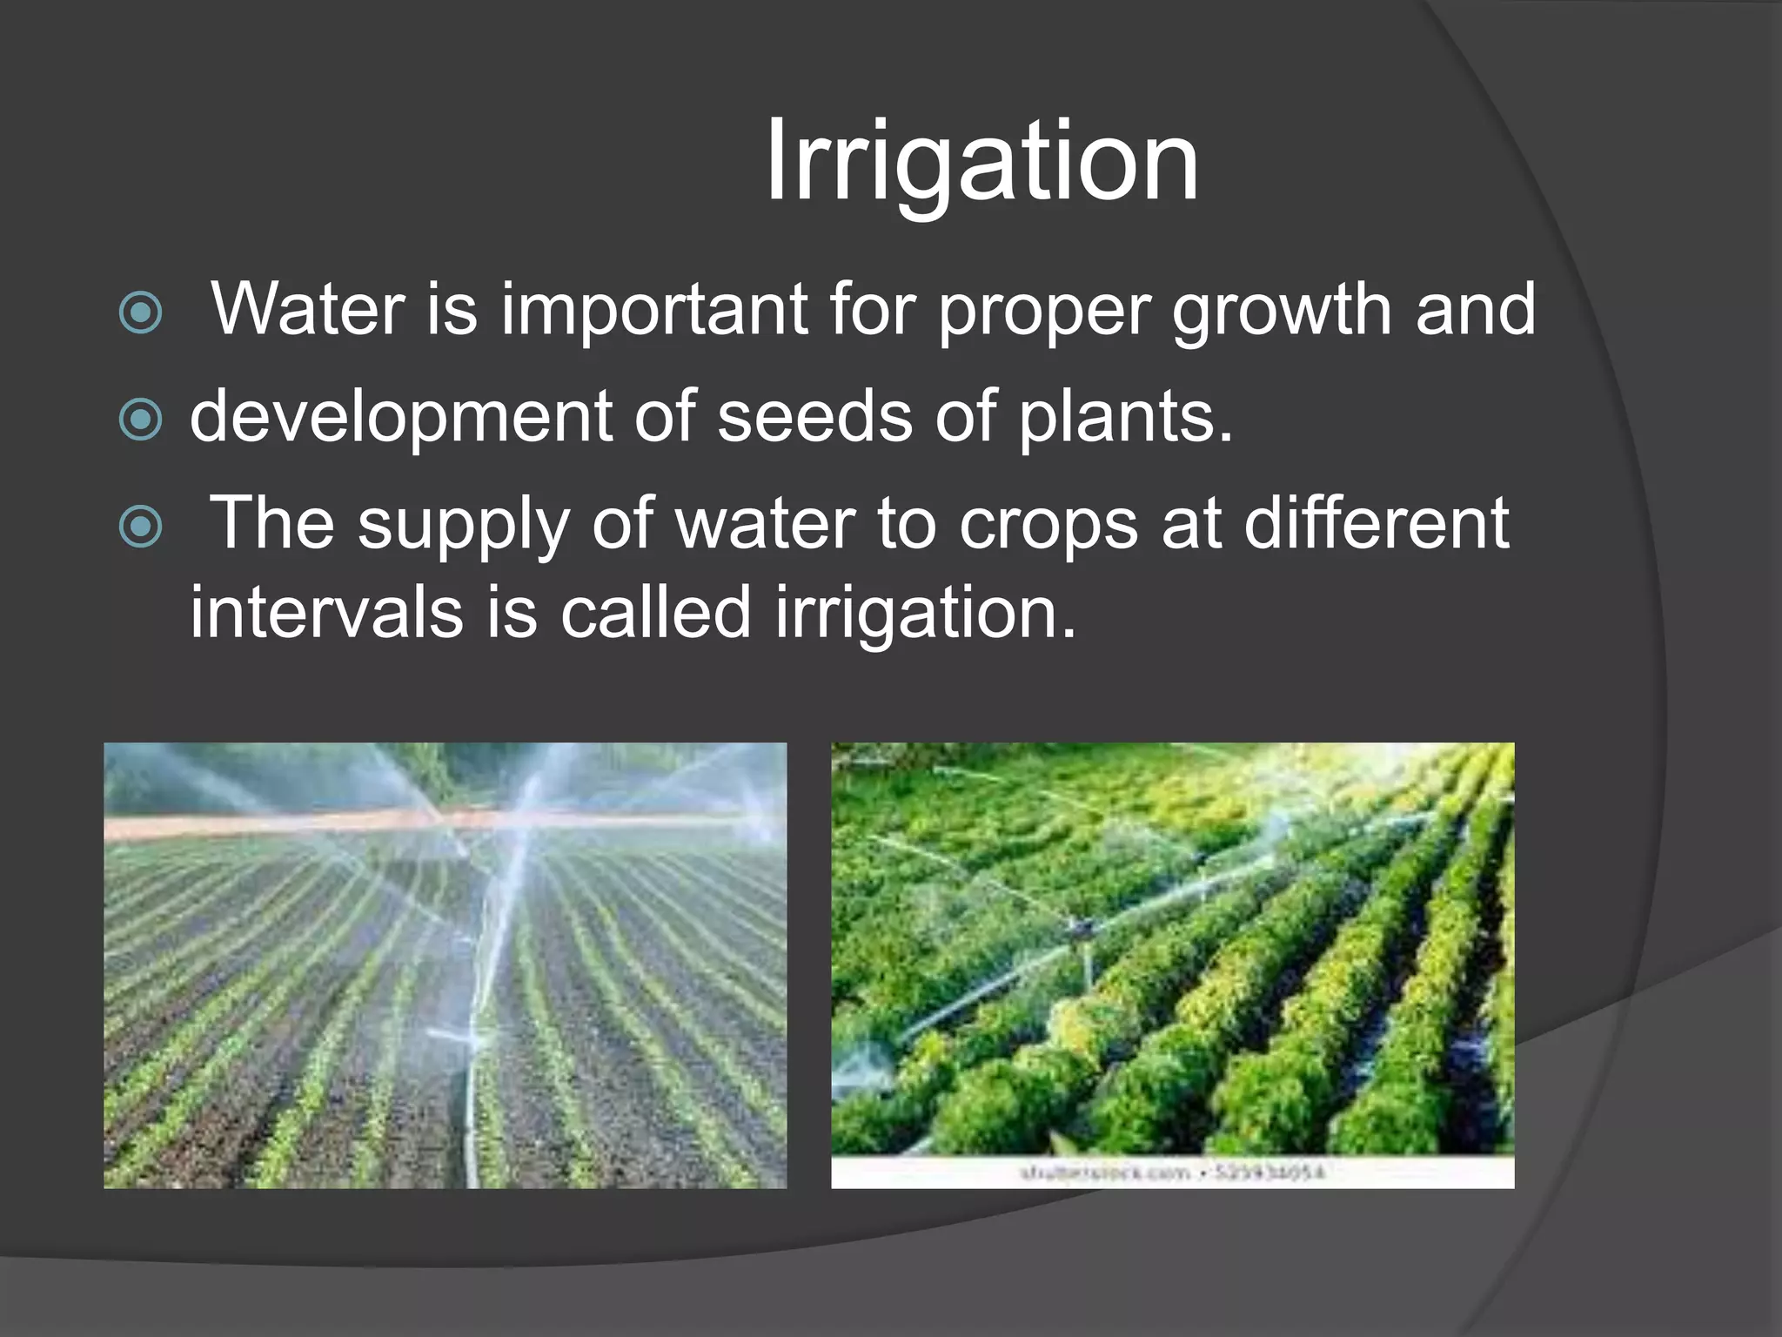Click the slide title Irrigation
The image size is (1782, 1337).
(981, 163)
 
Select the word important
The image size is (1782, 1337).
(653, 310)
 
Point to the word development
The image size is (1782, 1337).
(399, 418)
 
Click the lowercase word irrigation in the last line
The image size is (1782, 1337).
(925, 614)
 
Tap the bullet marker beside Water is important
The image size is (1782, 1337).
(140, 312)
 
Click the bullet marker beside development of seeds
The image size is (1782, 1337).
(140, 420)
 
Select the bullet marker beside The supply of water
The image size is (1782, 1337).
(140, 526)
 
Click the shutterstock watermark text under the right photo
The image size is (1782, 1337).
(1172, 1172)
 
